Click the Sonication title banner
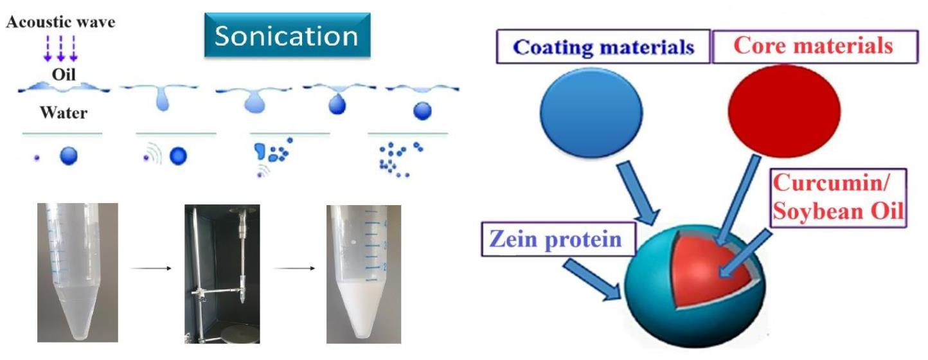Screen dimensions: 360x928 tap(287, 36)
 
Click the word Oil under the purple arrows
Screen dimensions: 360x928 tap(64, 75)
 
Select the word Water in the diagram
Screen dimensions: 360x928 tap(64, 113)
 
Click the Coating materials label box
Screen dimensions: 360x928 tap(605, 47)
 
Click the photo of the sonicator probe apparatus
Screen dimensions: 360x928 tap(222, 273)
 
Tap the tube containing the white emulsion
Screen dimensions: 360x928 tap(363, 273)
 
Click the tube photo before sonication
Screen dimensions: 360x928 tap(77, 273)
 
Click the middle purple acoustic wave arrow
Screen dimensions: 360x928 tap(61, 49)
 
